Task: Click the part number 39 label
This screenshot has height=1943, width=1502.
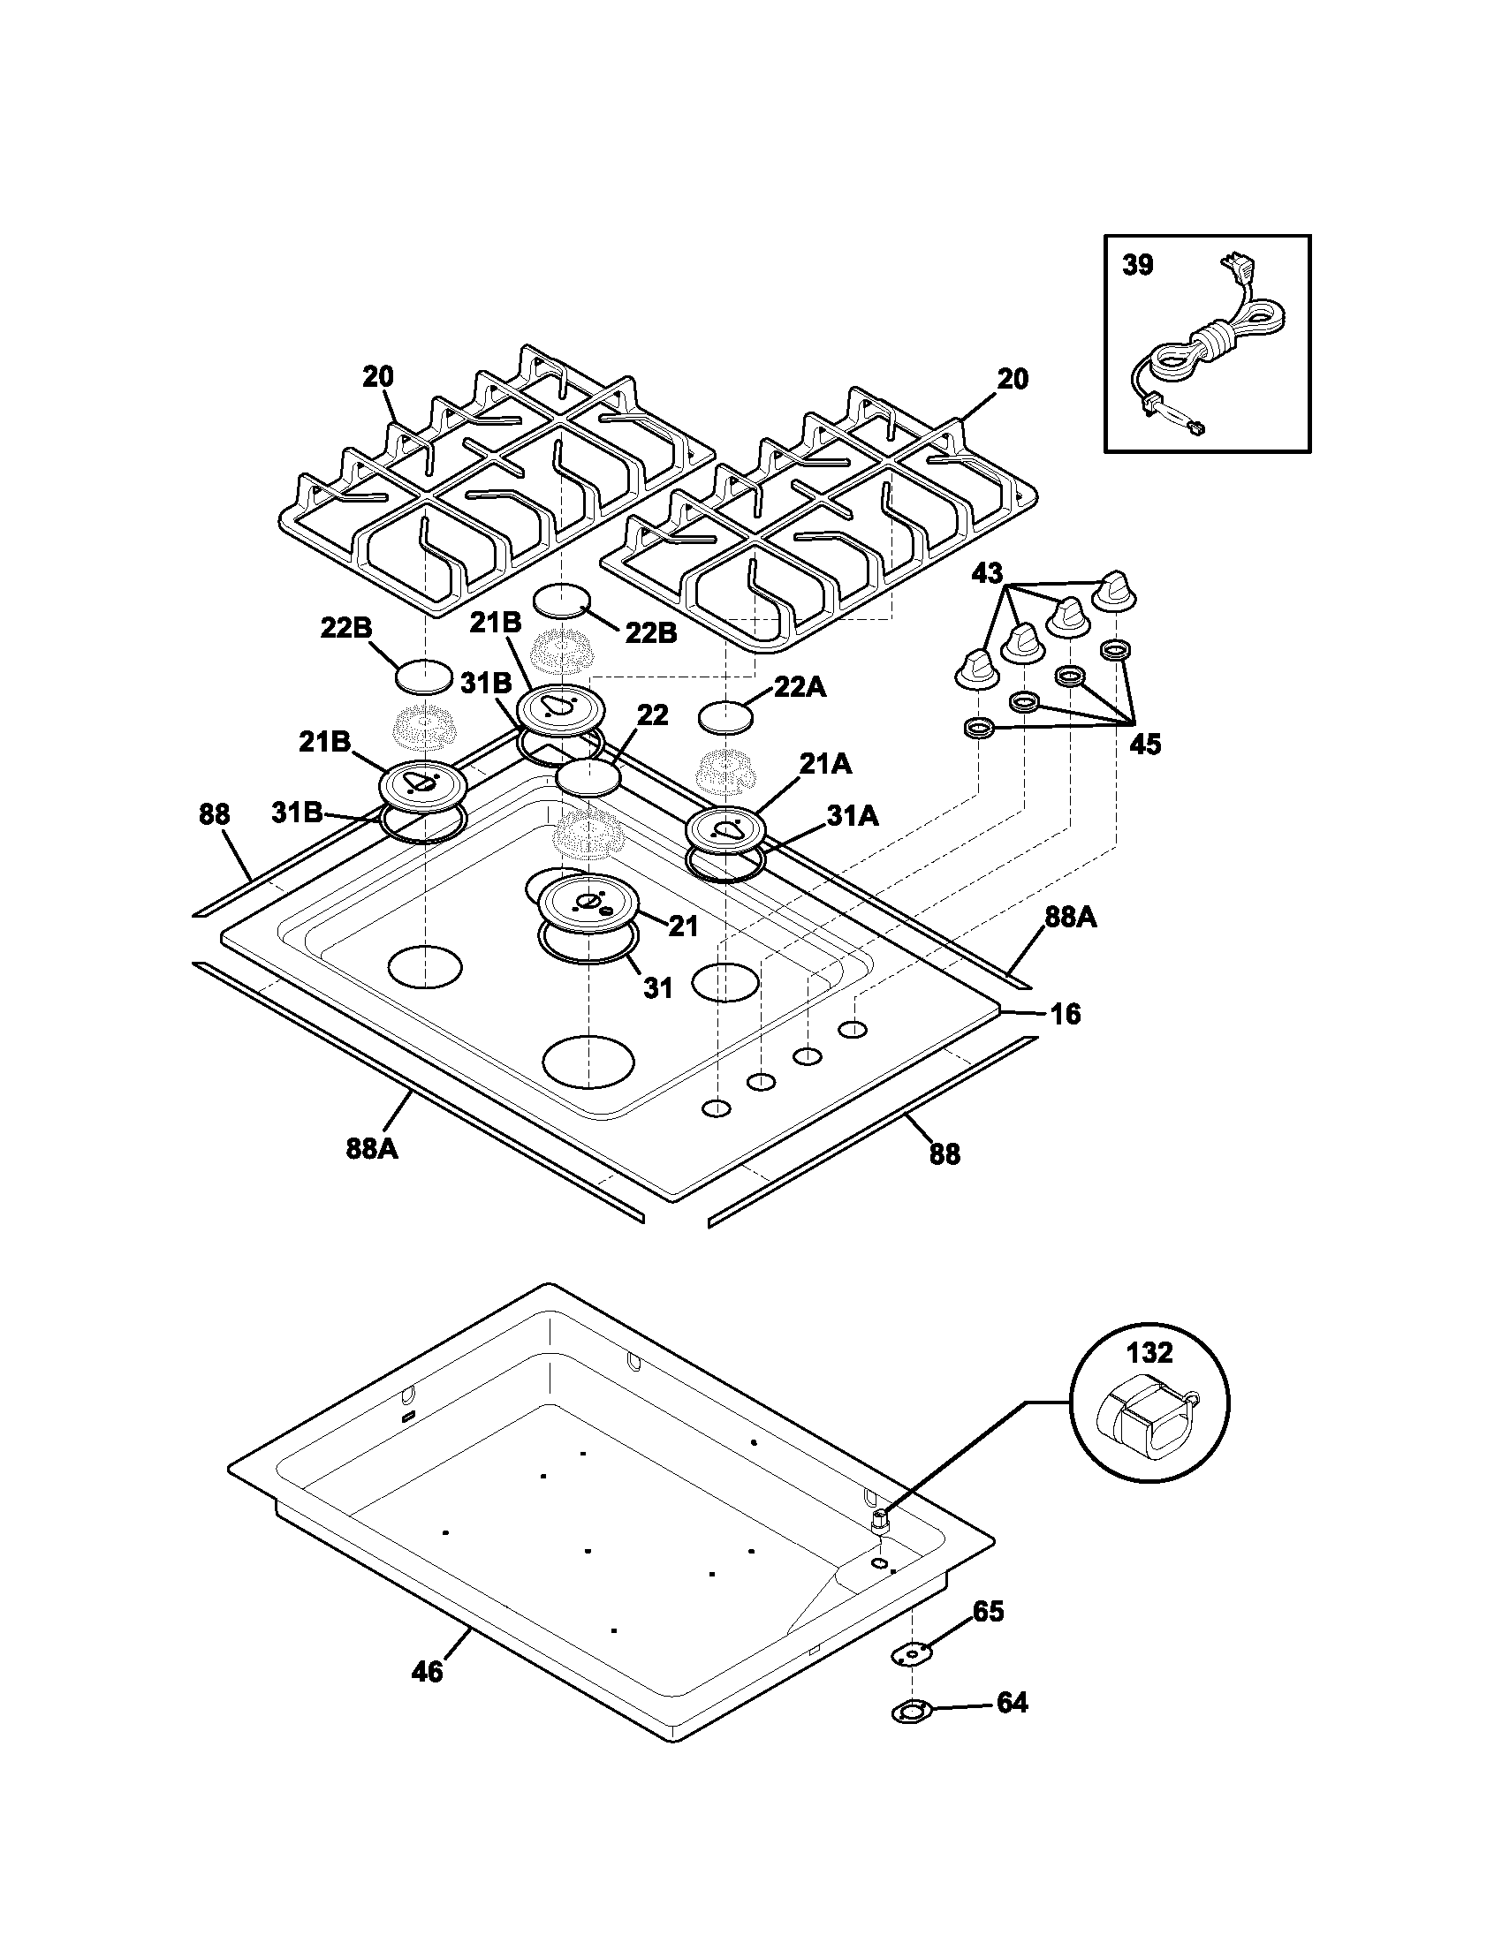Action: click(x=1137, y=265)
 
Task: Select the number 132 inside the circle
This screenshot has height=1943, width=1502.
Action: click(x=1149, y=1353)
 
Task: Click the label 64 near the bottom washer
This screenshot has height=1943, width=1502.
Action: click(x=1012, y=1703)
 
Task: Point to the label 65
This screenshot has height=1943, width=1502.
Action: click(x=988, y=1612)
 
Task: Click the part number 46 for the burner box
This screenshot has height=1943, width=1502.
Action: click(x=427, y=1673)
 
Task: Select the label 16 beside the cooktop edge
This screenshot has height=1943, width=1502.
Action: click(x=1066, y=1013)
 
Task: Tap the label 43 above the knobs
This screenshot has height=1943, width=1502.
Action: click(x=986, y=574)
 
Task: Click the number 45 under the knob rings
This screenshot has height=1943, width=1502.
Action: click(x=1145, y=745)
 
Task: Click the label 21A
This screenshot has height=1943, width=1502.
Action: click(x=826, y=763)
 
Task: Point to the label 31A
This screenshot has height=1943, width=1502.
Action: click(x=853, y=816)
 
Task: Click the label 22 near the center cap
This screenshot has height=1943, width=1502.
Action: click(x=652, y=715)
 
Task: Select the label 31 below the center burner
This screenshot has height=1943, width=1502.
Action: click(x=657, y=987)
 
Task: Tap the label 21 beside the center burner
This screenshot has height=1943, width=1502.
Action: click(x=682, y=926)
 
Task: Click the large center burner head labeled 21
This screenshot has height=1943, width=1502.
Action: click(x=588, y=903)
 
